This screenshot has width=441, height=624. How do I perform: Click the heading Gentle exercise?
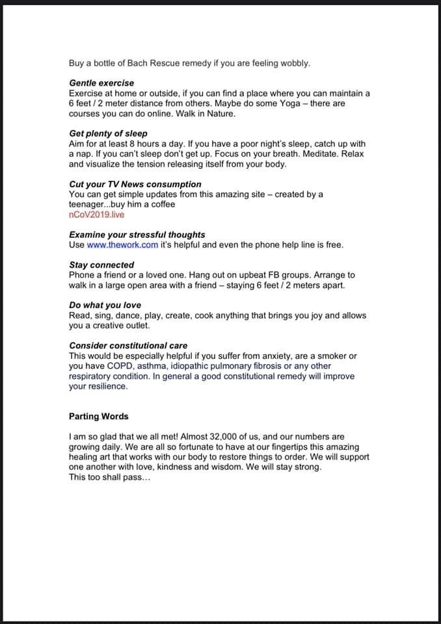pos(101,83)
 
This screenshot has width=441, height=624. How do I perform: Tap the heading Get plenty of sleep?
pos(108,133)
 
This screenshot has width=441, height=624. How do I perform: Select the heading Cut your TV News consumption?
pos(135,184)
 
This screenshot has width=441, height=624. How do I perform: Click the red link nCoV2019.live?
pos(96,214)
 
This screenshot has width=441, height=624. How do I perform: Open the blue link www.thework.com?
pos(122,245)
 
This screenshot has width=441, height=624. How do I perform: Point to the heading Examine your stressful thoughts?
pos(137,235)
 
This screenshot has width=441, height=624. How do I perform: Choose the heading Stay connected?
pos(101,265)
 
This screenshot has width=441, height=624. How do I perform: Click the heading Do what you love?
pos(105,305)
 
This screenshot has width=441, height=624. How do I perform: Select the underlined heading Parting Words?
pos(98,417)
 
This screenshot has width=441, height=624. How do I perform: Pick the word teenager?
pos(90,204)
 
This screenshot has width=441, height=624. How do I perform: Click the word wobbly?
pos(295,64)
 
